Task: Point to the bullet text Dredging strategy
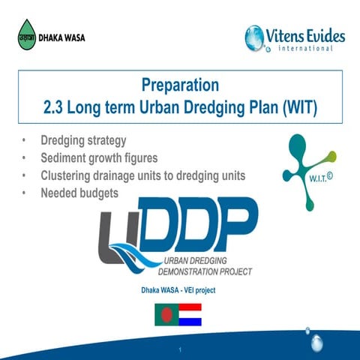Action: [83, 141]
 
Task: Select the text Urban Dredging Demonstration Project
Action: [207, 266]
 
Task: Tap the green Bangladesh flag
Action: [166, 313]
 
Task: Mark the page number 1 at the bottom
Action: [181, 350]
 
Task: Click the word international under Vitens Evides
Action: [298, 49]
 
